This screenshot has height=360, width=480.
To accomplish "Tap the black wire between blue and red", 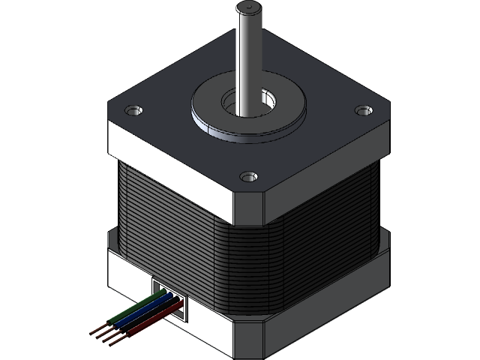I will pos(147,319).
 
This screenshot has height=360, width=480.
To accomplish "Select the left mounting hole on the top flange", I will pos(133,110).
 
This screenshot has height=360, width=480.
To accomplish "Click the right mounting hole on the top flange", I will pos(364,111).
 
